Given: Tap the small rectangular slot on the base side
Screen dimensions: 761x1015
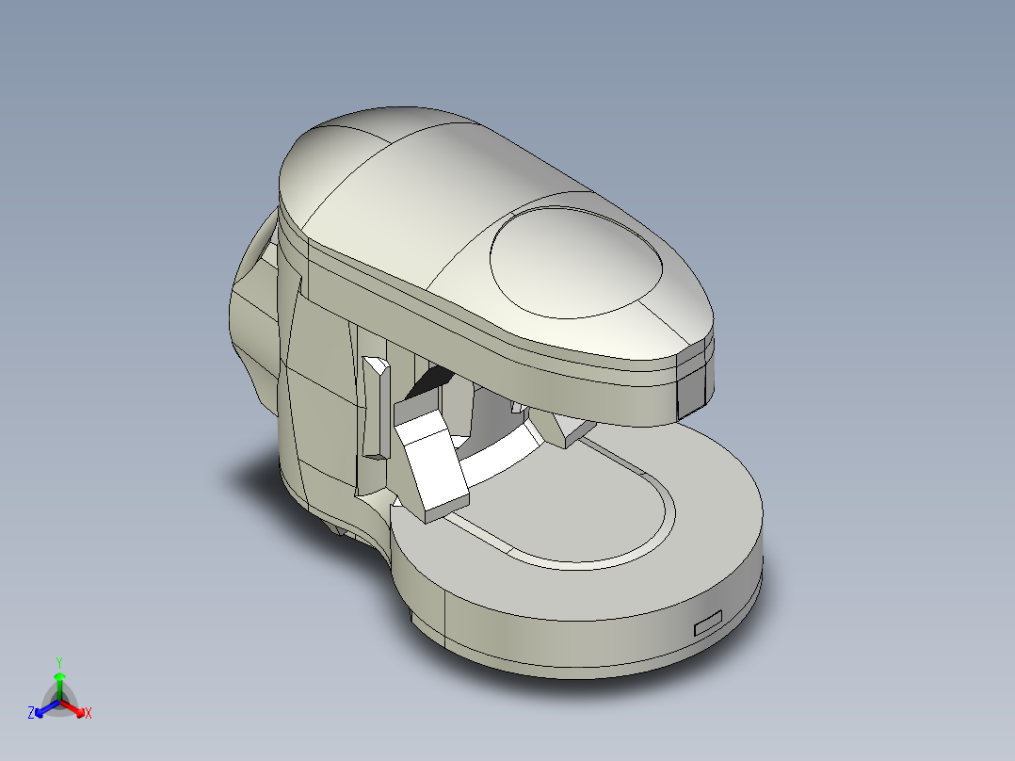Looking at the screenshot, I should (x=707, y=623).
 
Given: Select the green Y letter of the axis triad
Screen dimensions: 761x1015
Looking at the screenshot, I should (x=59, y=661).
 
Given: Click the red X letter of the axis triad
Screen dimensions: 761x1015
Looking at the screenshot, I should (x=89, y=714).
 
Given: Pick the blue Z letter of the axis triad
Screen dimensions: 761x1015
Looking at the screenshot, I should (x=31, y=714).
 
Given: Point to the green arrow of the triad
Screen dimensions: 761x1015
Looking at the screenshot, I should (x=59, y=680).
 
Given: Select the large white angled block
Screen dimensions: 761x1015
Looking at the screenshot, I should (x=430, y=461).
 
